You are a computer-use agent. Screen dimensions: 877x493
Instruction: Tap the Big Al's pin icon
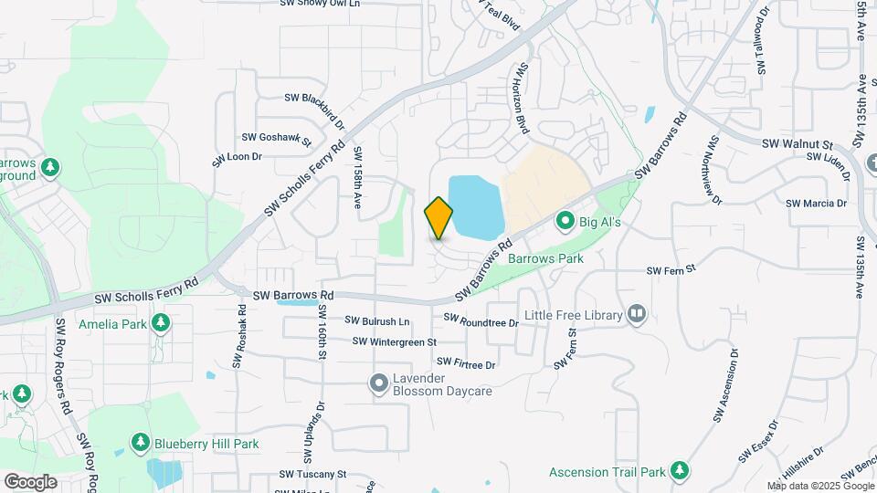pyautogui.click(x=565, y=221)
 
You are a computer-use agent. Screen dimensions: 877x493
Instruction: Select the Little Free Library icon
pyautogui.click(x=637, y=316)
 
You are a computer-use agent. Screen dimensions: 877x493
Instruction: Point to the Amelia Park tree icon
pyautogui.click(x=161, y=322)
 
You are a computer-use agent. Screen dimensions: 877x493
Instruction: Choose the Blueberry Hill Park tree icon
pyautogui.click(x=140, y=444)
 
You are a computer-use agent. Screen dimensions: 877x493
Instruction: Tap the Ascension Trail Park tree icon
pyautogui.click(x=679, y=471)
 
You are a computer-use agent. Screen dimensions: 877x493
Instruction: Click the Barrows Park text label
pyautogui.click(x=545, y=258)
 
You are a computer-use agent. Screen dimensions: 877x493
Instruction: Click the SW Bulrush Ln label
pyautogui.click(x=377, y=320)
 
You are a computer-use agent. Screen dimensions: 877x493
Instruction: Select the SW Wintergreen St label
pyautogui.click(x=396, y=341)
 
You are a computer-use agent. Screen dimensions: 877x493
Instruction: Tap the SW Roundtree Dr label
pyautogui.click(x=481, y=320)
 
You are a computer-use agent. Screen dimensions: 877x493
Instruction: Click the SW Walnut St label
pyautogui.click(x=798, y=144)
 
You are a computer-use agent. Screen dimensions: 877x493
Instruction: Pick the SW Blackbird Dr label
pyautogui.click(x=314, y=105)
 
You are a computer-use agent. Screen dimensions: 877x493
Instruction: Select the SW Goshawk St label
pyautogui.click(x=277, y=138)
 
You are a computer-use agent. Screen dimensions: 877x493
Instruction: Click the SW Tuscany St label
pyautogui.click(x=313, y=474)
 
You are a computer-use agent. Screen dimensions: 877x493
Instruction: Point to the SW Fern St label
pyautogui.click(x=671, y=270)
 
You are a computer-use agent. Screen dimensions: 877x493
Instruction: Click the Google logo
pyautogui.click(x=30, y=481)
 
